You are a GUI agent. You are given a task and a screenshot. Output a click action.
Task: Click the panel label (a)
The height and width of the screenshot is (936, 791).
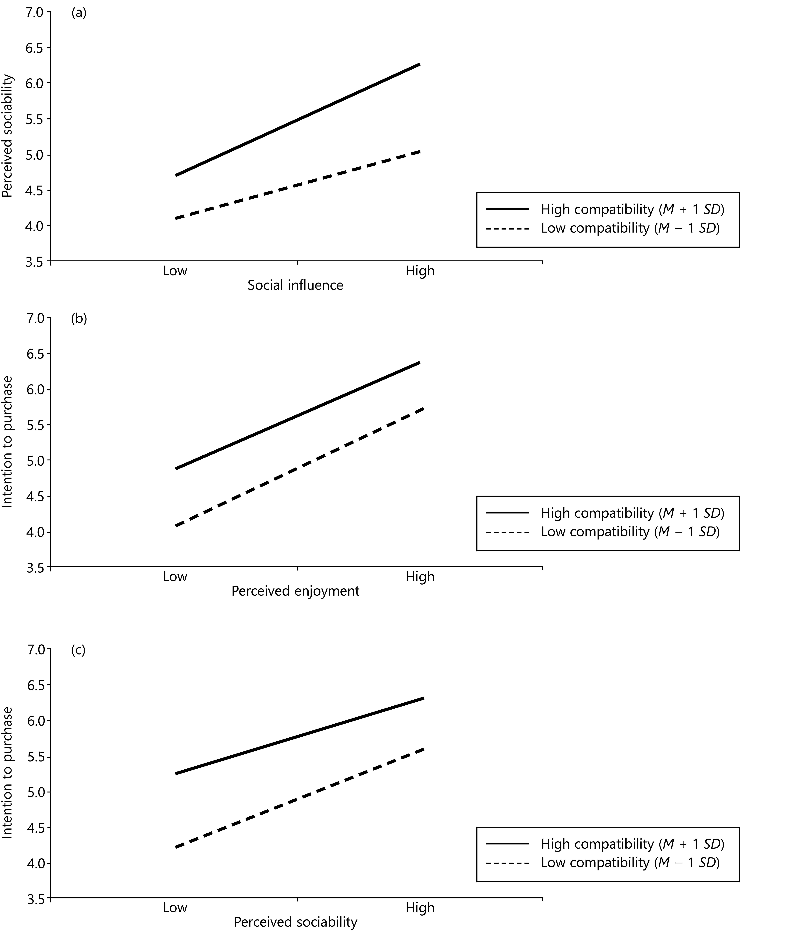pyautogui.click(x=79, y=13)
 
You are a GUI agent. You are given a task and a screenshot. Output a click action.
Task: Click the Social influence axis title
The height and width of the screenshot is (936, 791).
pyautogui.click(x=296, y=285)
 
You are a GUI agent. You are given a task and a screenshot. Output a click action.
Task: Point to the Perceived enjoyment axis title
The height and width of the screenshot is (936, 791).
pyautogui.click(x=296, y=591)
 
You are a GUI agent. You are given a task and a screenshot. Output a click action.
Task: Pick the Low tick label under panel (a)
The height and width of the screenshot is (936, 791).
pyautogui.click(x=175, y=271)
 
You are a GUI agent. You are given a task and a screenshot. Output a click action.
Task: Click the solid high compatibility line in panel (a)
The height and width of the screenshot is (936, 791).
pyautogui.click(x=298, y=120)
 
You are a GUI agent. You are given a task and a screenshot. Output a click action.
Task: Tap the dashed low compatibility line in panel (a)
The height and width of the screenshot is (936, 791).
pyautogui.click(x=298, y=185)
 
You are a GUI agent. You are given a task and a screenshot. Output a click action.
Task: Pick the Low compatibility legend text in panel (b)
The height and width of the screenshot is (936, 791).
pyautogui.click(x=630, y=532)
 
